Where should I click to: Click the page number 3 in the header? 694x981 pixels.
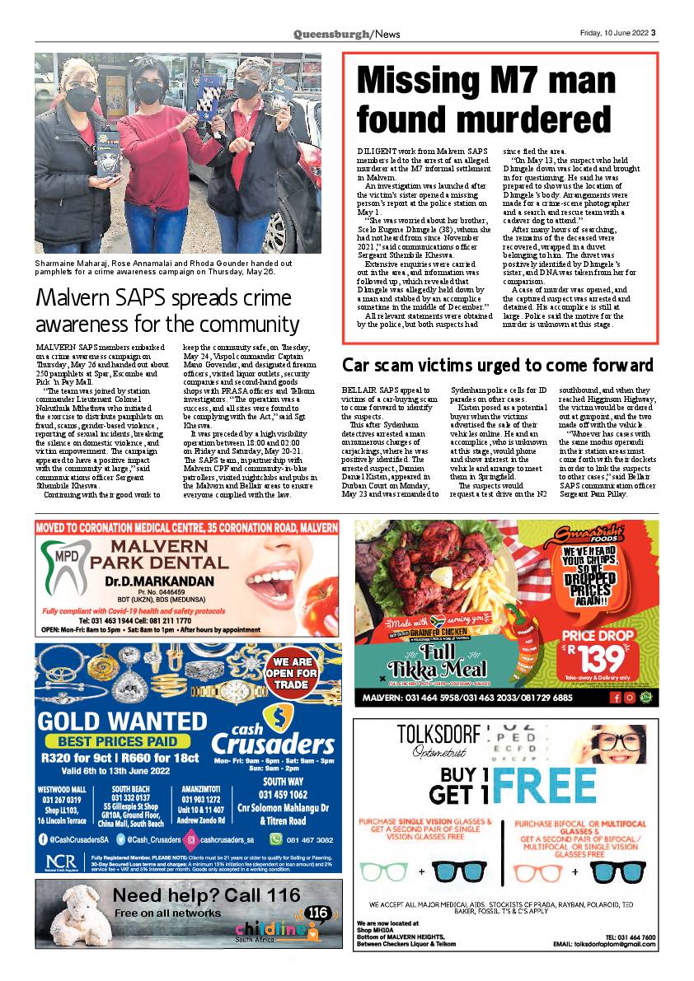(x=654, y=34)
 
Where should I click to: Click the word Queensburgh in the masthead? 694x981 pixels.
(x=332, y=34)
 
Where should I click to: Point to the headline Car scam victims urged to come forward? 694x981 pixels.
(x=497, y=365)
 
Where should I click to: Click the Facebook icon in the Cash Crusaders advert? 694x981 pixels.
(x=43, y=839)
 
